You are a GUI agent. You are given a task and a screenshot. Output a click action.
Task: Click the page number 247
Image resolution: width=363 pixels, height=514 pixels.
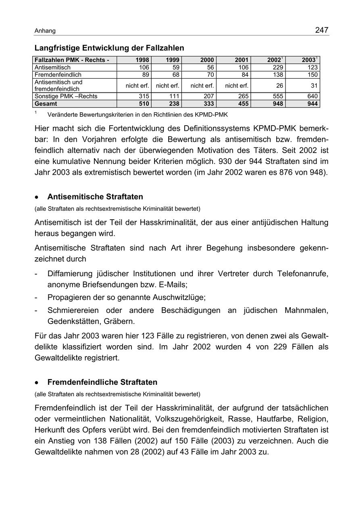[x=322, y=30]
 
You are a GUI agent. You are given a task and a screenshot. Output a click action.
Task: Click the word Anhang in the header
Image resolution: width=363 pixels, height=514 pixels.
[x=45, y=31]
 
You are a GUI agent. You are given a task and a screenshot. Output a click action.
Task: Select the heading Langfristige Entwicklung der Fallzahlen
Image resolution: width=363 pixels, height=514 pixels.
[x=109, y=48]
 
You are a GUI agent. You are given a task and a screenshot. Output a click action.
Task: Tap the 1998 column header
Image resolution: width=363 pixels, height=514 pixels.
[x=142, y=60]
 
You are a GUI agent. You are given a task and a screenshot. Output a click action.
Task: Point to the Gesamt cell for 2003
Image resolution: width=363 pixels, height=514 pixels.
[x=310, y=104]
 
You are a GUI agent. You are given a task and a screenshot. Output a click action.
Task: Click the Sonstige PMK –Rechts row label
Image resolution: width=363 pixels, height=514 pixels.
[x=66, y=96]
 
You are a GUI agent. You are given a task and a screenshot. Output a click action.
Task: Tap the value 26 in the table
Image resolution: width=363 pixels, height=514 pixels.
[x=279, y=86]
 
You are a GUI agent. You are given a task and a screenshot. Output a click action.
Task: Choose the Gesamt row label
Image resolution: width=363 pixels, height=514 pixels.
[x=46, y=104]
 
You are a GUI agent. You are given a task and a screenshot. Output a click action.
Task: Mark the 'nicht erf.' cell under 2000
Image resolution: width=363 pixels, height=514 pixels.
[x=202, y=86]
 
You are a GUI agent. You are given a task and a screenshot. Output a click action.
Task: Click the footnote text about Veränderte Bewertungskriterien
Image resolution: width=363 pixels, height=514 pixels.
[x=137, y=115]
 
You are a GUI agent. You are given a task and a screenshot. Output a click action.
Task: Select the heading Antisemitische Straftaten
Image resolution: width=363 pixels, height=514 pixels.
[x=95, y=197]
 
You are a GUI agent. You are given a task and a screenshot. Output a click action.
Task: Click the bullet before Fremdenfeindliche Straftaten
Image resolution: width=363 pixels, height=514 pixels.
[x=37, y=383]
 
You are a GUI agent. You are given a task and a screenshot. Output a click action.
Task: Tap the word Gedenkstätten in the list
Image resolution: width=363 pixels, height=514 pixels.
[x=73, y=321]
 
